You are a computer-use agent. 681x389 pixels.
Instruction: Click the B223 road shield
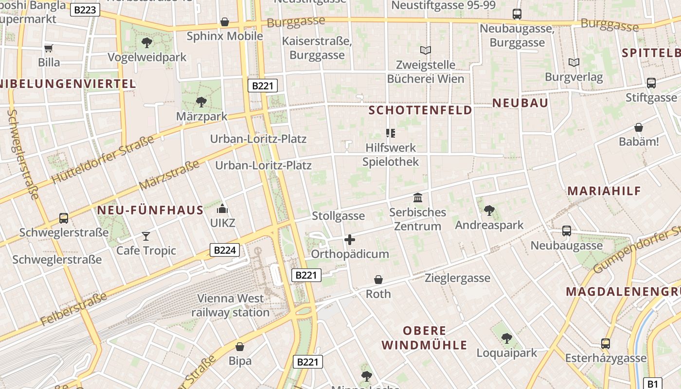[x=85, y=10]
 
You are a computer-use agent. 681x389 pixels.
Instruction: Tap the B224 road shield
[x=225, y=250]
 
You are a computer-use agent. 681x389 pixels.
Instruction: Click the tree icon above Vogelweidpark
[x=146, y=43]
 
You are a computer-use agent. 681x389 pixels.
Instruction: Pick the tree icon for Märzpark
[x=201, y=102]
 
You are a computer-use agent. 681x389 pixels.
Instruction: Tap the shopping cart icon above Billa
[x=49, y=48]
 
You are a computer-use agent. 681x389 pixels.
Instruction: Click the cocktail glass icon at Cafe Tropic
[x=146, y=236]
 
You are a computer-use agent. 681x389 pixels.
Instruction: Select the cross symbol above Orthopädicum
[x=349, y=240]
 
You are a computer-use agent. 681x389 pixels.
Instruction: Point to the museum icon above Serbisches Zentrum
[x=417, y=198]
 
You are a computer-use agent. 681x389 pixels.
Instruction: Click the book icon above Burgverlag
[x=574, y=62]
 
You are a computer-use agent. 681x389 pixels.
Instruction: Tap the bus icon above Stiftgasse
[x=651, y=83]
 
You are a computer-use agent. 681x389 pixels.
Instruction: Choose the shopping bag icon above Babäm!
[x=639, y=128]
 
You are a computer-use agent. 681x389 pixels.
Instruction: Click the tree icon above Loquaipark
[x=506, y=338]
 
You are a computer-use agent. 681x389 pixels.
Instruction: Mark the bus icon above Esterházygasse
[x=606, y=344]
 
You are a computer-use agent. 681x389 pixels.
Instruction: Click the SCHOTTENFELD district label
[x=420, y=110]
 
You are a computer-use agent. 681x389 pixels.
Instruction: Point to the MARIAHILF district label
[x=604, y=191]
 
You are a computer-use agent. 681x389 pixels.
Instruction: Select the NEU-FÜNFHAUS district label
[x=150, y=211]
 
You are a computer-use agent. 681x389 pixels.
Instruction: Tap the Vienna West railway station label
[x=231, y=305]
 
